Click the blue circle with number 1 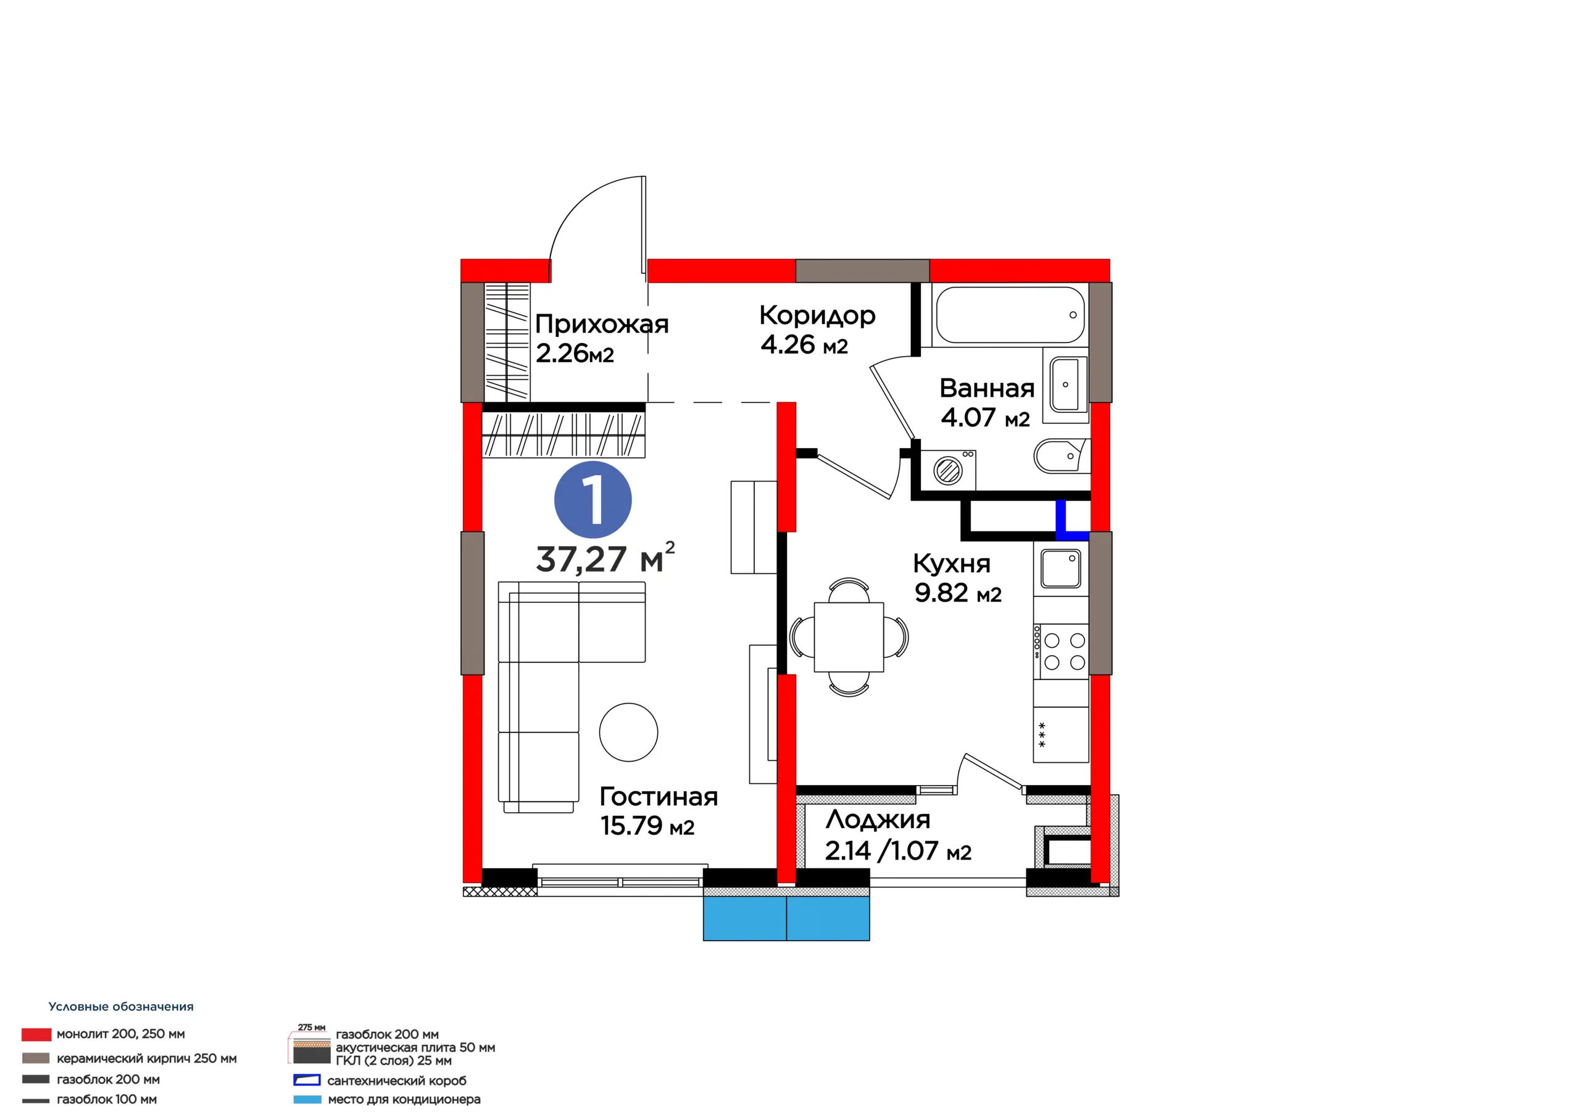coord(592,500)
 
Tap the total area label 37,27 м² coord(605,558)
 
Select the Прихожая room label coord(601,323)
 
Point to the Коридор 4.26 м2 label coord(817,330)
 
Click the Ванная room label coord(987,388)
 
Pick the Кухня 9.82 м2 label coord(957,578)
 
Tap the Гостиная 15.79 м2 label coord(659,810)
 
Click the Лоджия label coord(878,819)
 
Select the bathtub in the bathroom coord(1010,315)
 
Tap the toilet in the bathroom coord(1061,455)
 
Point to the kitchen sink coord(1060,568)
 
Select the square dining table coord(849,637)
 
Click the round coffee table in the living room coord(628,733)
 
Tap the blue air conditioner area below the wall coord(786,918)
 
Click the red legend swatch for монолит coord(36,1034)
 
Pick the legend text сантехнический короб coord(396,1081)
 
